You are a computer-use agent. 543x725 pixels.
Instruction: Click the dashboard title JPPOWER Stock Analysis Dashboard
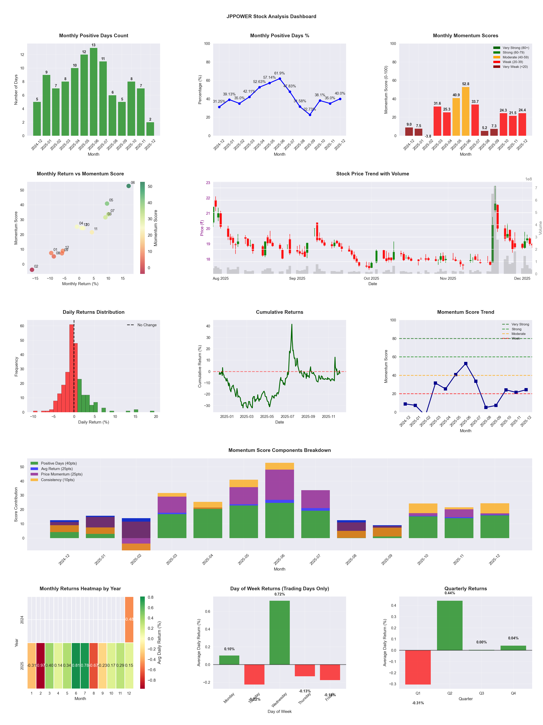coord(271,16)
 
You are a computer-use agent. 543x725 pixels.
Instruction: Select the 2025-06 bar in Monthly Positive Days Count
coord(94,92)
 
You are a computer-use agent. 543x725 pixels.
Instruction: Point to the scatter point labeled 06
coord(129,186)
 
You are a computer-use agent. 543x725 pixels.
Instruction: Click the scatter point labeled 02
coord(32,270)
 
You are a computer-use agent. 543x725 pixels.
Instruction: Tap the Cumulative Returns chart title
coord(280,312)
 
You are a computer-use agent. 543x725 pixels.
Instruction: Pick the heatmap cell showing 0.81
coord(76,665)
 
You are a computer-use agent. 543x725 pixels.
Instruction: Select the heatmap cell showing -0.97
coord(41,665)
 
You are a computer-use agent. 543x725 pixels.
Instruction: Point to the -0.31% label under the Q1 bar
coord(418,703)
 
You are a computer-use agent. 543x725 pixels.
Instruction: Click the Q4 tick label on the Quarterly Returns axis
coord(513,693)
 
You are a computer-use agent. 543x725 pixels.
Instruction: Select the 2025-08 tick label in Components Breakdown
coord(351,560)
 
